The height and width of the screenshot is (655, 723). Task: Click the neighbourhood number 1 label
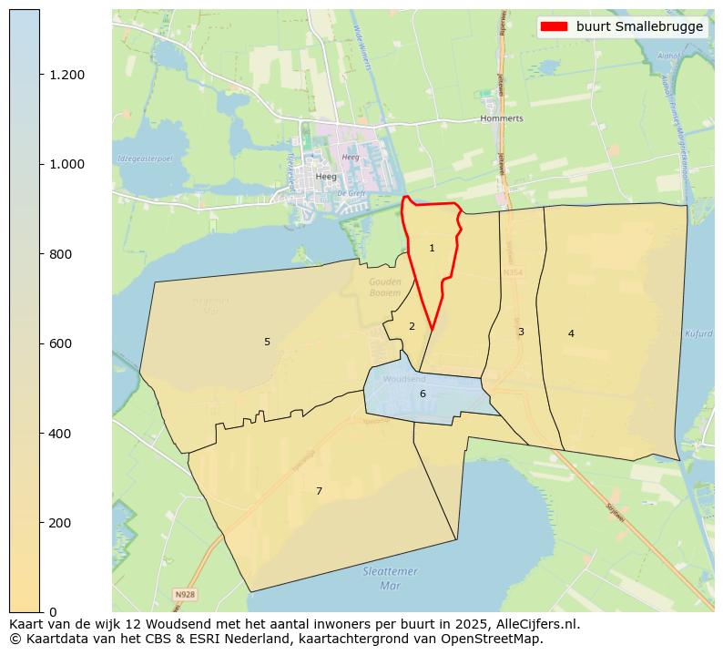pyautogui.click(x=432, y=248)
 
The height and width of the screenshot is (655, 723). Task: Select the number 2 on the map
pyautogui.click(x=412, y=326)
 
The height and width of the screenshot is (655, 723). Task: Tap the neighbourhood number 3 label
pyautogui.click(x=521, y=332)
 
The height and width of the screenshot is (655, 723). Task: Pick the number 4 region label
pyautogui.click(x=571, y=333)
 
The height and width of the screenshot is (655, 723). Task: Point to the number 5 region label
pyautogui.click(x=267, y=342)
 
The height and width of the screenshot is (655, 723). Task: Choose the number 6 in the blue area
pyautogui.click(x=423, y=394)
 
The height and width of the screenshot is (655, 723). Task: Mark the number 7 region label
pyautogui.click(x=319, y=491)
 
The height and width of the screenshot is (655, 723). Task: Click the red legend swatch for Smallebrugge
pyautogui.click(x=554, y=26)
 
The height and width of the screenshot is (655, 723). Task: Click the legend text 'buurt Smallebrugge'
pyautogui.click(x=639, y=26)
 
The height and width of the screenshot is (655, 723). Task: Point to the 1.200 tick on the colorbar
pyautogui.click(x=66, y=75)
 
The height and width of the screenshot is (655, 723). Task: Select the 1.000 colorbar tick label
pyautogui.click(x=66, y=164)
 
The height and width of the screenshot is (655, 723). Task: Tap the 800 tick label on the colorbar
pyautogui.click(x=60, y=254)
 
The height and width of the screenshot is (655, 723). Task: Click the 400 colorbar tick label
pyautogui.click(x=60, y=434)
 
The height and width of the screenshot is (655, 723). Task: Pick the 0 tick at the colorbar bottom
pyautogui.click(x=53, y=612)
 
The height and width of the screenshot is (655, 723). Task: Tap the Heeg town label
pyautogui.click(x=325, y=177)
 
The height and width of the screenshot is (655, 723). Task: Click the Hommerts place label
pyautogui.click(x=502, y=118)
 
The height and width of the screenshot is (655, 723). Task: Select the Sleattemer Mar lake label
pyautogui.click(x=390, y=578)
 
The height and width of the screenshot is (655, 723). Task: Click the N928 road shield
pyautogui.click(x=185, y=595)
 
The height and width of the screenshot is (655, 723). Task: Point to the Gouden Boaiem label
pyautogui.click(x=385, y=287)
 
